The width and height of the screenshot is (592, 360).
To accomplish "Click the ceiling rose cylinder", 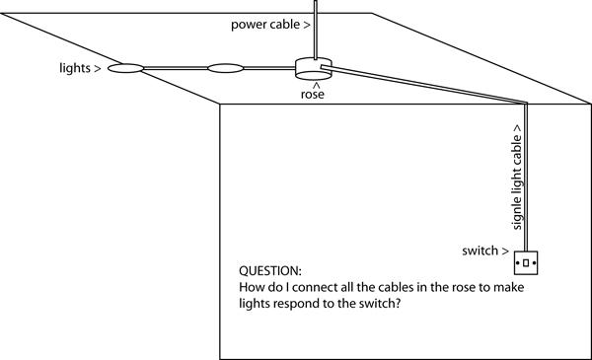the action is tap(314, 69).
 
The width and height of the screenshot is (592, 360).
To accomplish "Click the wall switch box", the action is tap(526, 263).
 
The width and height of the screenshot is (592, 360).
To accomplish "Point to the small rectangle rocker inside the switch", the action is tap(526, 263).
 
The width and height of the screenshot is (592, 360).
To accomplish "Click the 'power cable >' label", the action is tap(270, 25).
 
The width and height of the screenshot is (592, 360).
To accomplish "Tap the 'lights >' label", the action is tap(80, 68).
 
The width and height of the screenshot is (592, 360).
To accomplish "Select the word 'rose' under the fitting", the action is tap(312, 95).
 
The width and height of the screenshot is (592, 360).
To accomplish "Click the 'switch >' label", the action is tap(485, 251).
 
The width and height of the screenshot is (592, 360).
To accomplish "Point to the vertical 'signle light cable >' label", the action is tap(516, 177).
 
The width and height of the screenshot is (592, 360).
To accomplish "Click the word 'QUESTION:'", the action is tap(270, 271).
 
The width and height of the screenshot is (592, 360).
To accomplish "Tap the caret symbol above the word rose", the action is tap(317, 86).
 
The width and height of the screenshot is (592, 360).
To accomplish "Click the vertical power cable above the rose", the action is tap(316, 30).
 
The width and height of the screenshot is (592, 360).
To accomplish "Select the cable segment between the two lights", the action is tap(176, 68).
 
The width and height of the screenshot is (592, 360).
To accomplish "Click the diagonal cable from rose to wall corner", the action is tap(423, 84).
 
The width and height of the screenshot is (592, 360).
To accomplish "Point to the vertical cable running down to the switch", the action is tap(526, 178).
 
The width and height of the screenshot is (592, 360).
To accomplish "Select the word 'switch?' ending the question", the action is tap(380, 303).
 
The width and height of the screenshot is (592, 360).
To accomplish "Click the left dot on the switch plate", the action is tap(518, 262).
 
